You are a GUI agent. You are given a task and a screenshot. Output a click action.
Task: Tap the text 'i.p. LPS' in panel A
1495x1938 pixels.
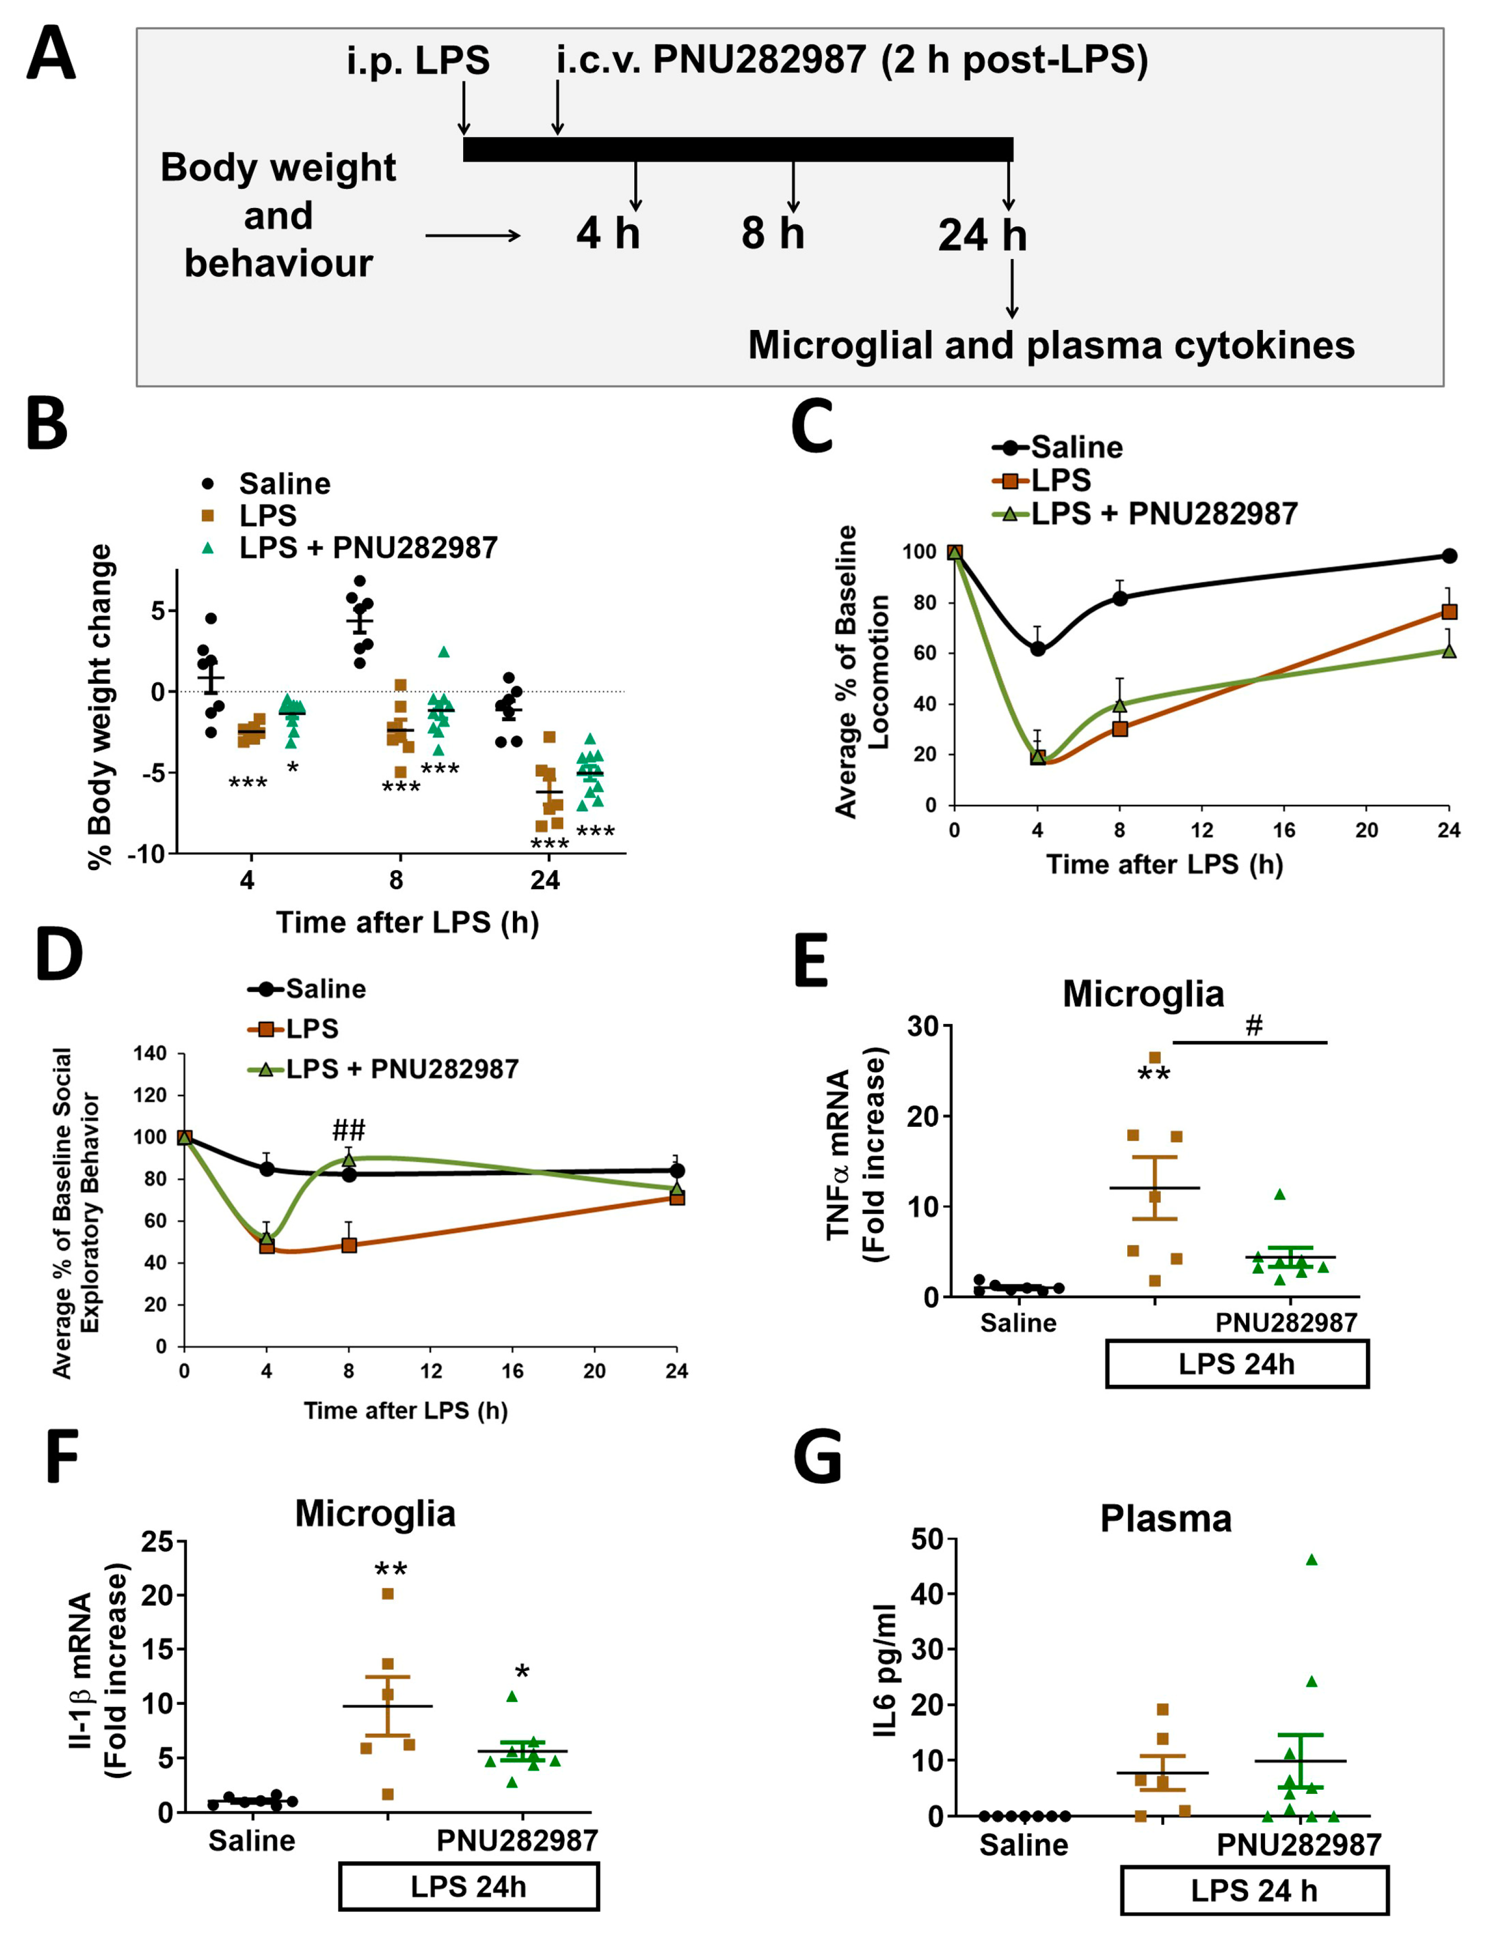418,60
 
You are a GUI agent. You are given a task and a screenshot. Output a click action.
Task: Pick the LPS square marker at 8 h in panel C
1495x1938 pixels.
1120,728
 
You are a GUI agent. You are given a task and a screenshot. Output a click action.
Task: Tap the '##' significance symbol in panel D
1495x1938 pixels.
349,1130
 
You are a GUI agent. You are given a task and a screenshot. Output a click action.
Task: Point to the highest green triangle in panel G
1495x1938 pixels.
1311,1559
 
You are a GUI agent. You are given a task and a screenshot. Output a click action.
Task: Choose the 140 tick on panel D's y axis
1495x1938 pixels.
150,1053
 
